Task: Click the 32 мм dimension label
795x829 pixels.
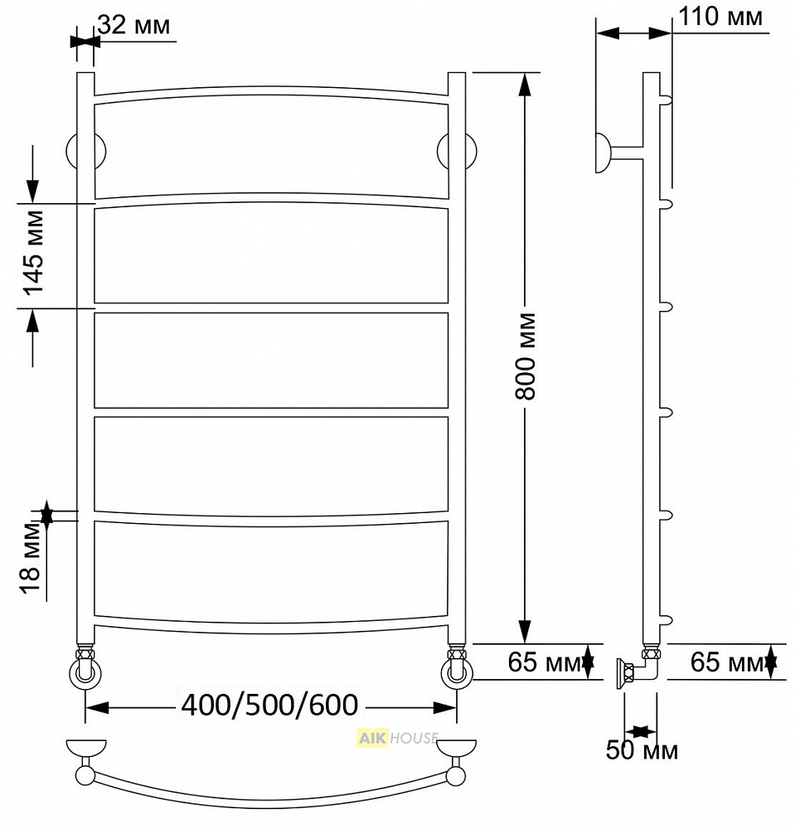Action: point(133,25)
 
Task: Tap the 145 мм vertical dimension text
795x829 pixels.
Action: point(34,253)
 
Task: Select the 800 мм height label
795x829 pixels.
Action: point(526,356)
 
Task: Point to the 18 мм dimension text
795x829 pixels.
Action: point(31,558)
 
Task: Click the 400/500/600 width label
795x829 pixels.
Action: point(269,705)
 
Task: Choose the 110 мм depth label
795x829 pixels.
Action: point(720,17)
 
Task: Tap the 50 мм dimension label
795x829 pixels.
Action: point(642,750)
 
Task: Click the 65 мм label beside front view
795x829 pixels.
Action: point(545,662)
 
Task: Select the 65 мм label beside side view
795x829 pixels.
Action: point(727,662)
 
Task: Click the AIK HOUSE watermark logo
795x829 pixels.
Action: point(398,737)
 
